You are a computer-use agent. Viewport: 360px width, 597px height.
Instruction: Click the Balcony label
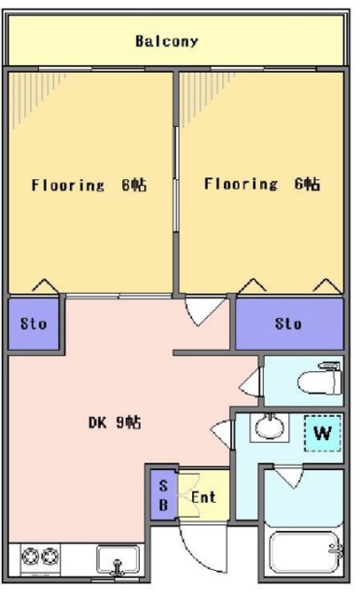pyautogui.click(x=167, y=41)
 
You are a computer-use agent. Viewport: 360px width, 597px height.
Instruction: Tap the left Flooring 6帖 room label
pyautogui.click(x=89, y=185)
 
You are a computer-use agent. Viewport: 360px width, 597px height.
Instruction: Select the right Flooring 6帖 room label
pyautogui.click(x=262, y=184)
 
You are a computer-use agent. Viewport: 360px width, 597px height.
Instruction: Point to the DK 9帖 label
pyautogui.click(x=115, y=423)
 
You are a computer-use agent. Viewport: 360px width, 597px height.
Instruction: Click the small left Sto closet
pyautogui.click(x=34, y=324)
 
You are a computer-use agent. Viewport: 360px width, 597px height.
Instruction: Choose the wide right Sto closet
pyautogui.click(x=289, y=324)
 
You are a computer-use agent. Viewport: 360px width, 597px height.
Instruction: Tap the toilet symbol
pyautogui.click(x=320, y=379)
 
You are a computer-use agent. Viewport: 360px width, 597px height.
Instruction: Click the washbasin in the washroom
pyautogui.click(x=270, y=427)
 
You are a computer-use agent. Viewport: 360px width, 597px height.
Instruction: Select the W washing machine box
pyautogui.click(x=323, y=433)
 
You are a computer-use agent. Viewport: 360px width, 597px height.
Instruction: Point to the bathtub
pyautogui.click(x=303, y=552)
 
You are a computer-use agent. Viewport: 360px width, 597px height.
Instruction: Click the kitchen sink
pyautogui.click(x=118, y=560)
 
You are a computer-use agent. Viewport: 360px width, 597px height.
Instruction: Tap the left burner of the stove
pyautogui.click(x=30, y=557)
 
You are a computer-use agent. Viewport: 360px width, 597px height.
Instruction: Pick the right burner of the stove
pyautogui.click(x=49, y=557)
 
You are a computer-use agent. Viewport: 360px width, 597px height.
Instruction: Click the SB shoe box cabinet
pyautogui.click(x=163, y=495)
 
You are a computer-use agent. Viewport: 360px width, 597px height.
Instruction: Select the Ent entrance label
pyautogui.click(x=203, y=497)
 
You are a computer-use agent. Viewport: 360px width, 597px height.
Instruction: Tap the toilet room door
pyautogui.click(x=251, y=382)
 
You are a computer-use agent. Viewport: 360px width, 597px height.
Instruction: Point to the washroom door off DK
pyautogui.click(x=221, y=434)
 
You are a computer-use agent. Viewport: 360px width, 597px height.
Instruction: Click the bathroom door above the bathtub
pyautogui.click(x=289, y=476)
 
